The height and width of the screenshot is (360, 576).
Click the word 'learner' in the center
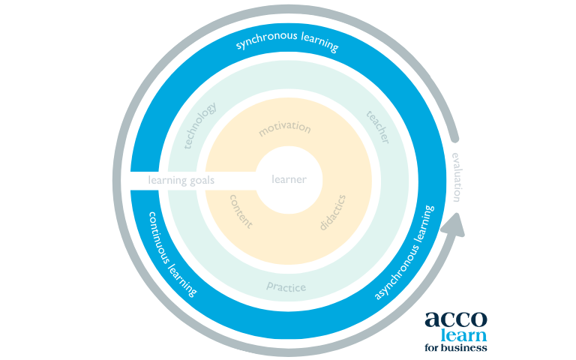[x=289, y=180]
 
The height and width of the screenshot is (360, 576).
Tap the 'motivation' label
[x=285, y=127]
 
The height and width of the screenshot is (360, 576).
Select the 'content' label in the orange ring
[x=241, y=211]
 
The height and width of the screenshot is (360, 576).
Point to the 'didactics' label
[x=333, y=213]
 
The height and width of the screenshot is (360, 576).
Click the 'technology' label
[x=200, y=126]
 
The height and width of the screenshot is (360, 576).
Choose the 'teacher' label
[x=378, y=127]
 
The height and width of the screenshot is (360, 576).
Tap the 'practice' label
[x=286, y=286]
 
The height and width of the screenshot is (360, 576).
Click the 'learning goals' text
[x=181, y=180]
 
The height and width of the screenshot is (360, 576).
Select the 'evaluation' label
[x=457, y=178]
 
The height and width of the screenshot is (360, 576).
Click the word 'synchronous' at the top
[x=266, y=39]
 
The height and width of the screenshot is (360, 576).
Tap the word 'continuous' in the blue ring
[x=158, y=237]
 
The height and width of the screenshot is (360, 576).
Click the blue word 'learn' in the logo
[x=463, y=335]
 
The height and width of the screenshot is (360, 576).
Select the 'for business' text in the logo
[x=456, y=347]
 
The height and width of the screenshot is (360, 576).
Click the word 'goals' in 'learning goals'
[x=202, y=181]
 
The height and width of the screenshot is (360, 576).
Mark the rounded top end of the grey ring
[x=454, y=139]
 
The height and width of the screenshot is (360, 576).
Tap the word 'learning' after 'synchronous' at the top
[x=319, y=42]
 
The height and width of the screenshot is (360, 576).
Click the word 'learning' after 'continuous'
[x=182, y=280]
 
